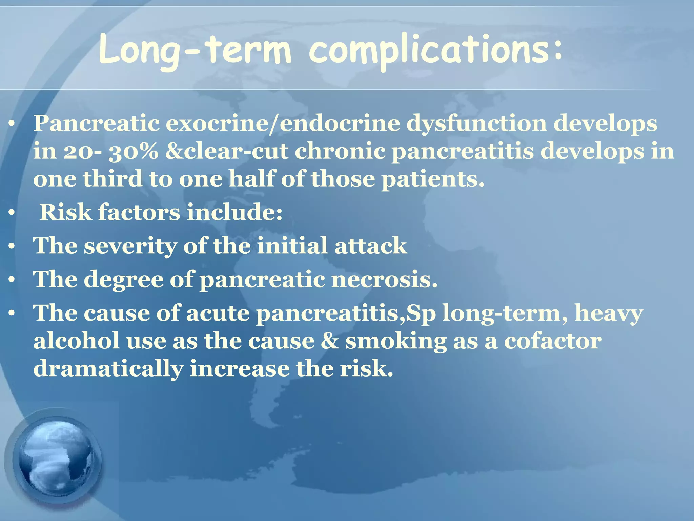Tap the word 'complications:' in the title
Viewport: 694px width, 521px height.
[435, 51]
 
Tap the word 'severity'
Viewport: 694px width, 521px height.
[130, 246]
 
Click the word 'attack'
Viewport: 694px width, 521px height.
[371, 246]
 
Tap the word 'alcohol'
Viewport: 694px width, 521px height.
[76, 341]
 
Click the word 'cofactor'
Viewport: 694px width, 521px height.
[553, 341]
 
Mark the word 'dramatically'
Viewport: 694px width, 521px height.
[108, 369]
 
